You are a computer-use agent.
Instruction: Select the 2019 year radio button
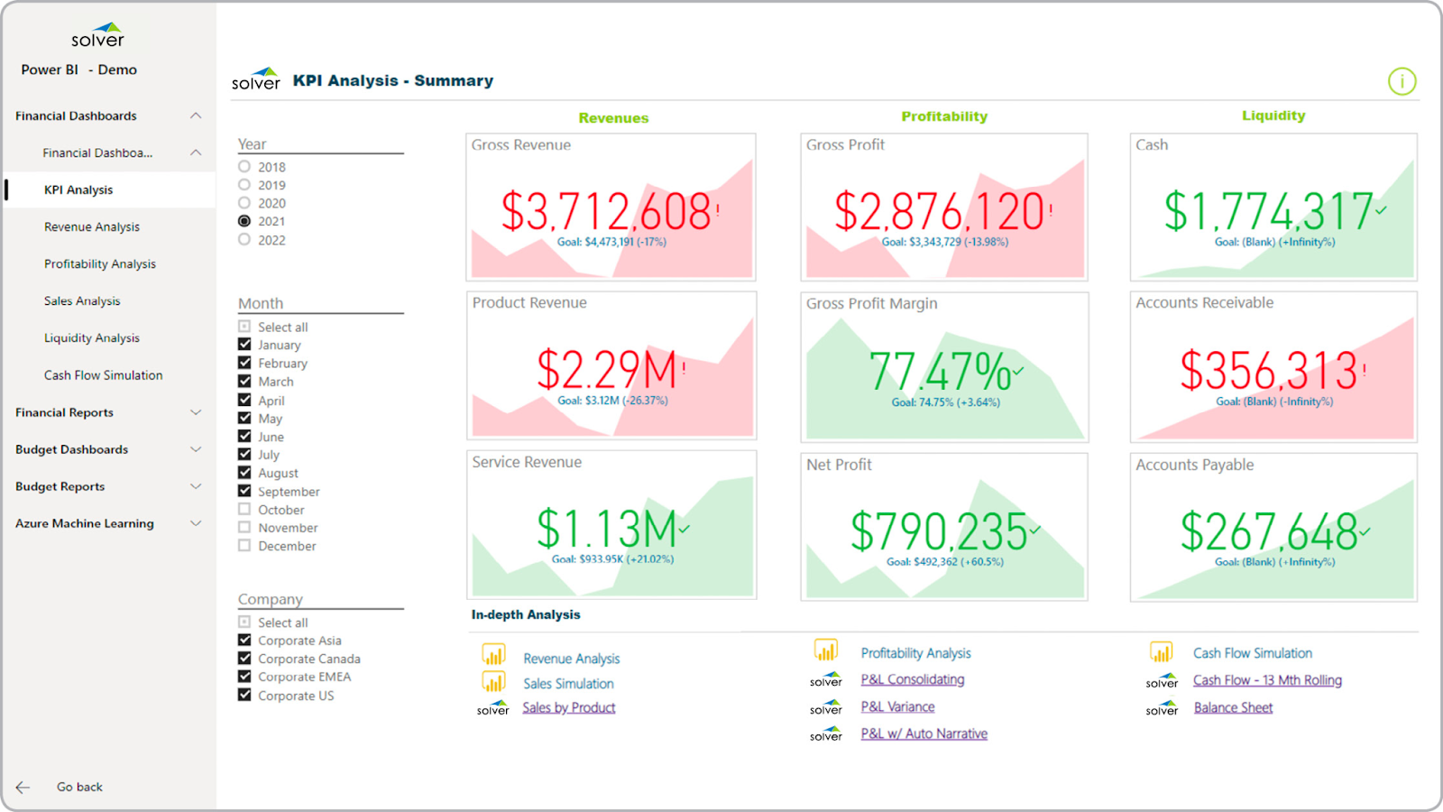(x=244, y=185)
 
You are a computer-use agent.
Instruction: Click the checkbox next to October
(x=244, y=509)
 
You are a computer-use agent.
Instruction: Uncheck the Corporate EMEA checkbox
(x=244, y=677)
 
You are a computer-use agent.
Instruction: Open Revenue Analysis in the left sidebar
(x=92, y=227)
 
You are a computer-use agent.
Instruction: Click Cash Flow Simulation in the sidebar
(x=103, y=375)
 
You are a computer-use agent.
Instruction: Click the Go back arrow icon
(x=23, y=787)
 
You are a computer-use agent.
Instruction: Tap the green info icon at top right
(x=1402, y=81)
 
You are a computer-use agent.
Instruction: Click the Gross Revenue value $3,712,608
(x=606, y=212)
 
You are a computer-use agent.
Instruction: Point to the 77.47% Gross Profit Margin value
(x=940, y=371)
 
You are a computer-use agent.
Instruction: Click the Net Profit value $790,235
(x=939, y=531)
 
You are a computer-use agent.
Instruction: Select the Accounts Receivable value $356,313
(x=1268, y=371)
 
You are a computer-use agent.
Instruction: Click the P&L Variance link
(x=897, y=707)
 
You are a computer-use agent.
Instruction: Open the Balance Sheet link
(x=1233, y=708)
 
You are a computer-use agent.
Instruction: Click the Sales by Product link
(x=568, y=708)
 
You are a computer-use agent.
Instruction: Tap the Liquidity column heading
(x=1273, y=115)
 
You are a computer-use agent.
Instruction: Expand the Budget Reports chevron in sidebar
(x=196, y=486)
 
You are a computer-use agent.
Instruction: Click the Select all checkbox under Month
(x=244, y=327)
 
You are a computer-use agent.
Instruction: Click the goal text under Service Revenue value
(x=612, y=559)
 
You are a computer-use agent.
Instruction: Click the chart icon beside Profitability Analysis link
(x=826, y=650)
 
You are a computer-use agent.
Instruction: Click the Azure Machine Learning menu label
(x=85, y=523)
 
